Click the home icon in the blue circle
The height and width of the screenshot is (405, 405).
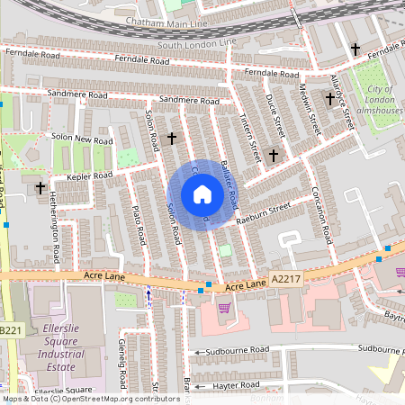click(202, 194)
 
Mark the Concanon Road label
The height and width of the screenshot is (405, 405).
click(326, 221)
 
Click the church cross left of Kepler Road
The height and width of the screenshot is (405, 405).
click(40, 188)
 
